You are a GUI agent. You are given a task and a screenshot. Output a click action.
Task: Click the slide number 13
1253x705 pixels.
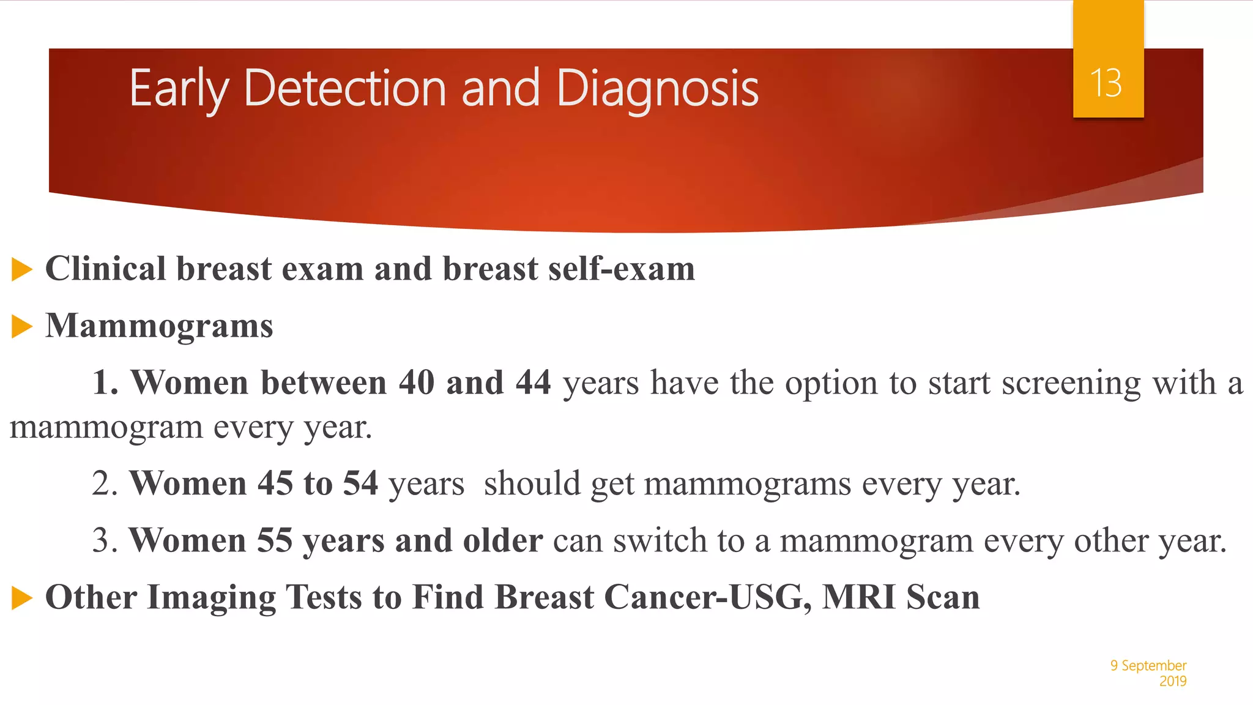click(1106, 83)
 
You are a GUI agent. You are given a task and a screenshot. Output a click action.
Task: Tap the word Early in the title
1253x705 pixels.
click(179, 89)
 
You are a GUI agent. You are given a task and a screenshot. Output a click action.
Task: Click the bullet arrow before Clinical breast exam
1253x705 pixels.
click(21, 269)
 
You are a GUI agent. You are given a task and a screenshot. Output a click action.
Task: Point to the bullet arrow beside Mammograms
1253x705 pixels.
click(21, 326)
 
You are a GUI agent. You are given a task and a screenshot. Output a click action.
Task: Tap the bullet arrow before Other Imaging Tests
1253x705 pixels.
click(21, 598)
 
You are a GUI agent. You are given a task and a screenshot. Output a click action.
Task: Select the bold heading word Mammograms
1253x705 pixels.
click(159, 326)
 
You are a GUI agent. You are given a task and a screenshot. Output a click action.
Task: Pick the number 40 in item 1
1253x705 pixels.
click(417, 383)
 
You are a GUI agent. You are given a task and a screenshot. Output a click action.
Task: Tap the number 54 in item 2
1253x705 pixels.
click(360, 483)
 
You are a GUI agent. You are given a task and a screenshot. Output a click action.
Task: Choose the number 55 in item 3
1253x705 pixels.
click(274, 540)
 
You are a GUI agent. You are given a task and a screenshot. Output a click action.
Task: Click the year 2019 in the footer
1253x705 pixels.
click(1172, 681)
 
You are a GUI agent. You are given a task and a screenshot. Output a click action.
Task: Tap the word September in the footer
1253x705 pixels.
click(1153, 665)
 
